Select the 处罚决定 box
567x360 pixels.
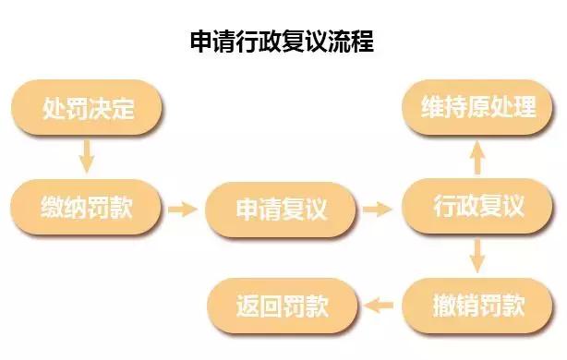(88, 109)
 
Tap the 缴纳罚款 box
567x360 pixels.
(88, 207)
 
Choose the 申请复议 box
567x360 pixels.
(281, 209)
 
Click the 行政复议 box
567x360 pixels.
(477, 207)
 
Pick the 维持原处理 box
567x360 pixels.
(477, 107)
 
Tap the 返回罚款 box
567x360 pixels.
(281, 304)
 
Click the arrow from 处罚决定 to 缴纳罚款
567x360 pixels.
(87, 157)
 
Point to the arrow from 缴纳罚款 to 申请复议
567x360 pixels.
(184, 209)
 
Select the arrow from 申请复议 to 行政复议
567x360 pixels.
(378, 209)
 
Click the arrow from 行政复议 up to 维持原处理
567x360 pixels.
(477, 158)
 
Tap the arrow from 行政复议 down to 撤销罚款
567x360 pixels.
(477, 256)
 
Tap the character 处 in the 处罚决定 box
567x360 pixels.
(53, 109)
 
